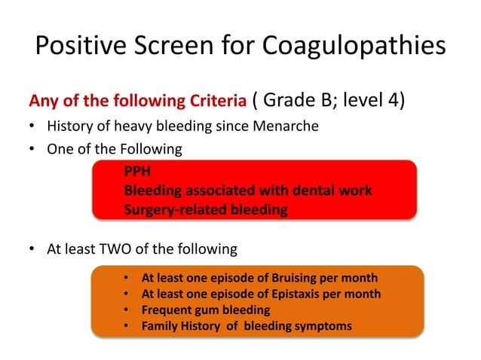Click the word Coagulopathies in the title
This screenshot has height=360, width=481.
pos(354,46)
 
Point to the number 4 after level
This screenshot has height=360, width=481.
pos(397,100)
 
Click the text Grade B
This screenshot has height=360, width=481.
pos(295,100)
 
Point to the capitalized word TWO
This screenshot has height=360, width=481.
pos(116,249)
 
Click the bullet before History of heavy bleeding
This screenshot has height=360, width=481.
pos(32,126)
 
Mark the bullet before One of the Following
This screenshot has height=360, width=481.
pos(32,149)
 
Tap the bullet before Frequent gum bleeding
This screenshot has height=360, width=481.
pos(127,310)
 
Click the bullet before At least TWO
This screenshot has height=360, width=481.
pos(32,249)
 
